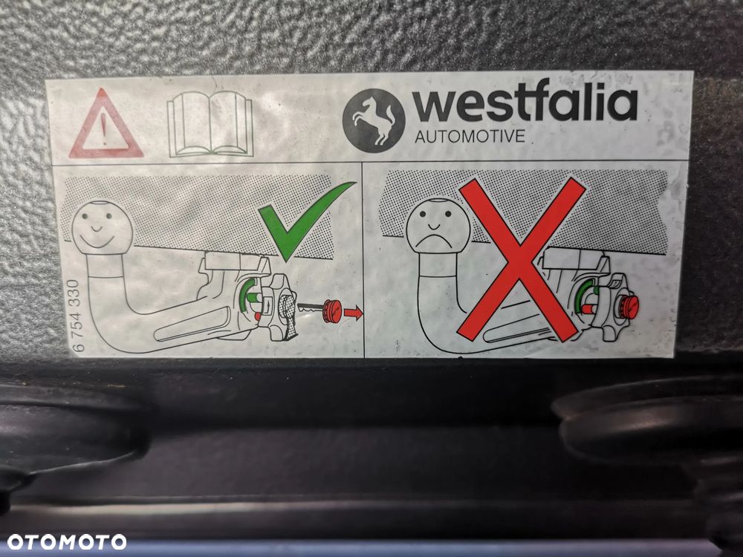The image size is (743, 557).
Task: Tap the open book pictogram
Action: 210,124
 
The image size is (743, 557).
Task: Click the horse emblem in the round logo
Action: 374,120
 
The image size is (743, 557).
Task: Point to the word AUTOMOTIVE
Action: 470,137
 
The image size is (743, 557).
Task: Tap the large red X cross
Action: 521,259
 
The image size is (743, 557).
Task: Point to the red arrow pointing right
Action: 354,312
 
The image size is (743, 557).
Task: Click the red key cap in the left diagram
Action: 332,310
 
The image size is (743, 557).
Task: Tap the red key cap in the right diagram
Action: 629,306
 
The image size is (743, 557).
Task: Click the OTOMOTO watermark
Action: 67,542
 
